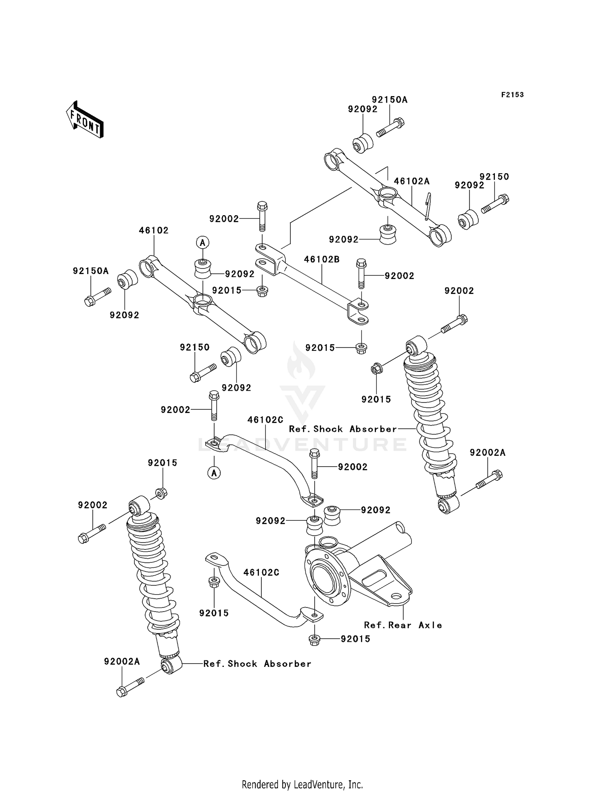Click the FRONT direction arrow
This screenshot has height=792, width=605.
(85, 120)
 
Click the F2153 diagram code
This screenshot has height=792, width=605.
(512, 95)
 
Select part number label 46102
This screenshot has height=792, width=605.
(154, 230)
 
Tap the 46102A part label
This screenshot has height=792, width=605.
(412, 181)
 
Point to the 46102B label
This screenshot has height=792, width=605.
(321, 260)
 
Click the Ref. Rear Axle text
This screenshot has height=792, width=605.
(403, 625)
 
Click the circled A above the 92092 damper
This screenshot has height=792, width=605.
(202, 243)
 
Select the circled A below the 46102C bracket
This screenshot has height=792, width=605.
(214, 473)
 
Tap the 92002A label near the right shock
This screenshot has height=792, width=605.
(487, 453)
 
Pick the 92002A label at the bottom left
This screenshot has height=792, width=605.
(122, 662)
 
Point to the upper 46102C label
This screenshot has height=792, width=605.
(265, 420)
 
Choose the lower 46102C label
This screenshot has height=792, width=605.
(261, 572)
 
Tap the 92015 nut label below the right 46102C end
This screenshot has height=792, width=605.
(355, 639)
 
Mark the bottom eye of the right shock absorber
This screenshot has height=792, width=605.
(448, 505)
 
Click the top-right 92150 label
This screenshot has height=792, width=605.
(494, 177)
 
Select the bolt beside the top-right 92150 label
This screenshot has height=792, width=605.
(495, 204)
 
